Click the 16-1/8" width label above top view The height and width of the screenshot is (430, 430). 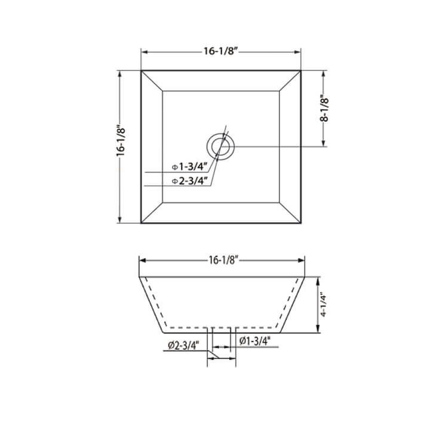click(220, 51)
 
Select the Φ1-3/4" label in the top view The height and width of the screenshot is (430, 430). click(189, 167)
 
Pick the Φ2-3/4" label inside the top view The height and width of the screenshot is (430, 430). click(189, 180)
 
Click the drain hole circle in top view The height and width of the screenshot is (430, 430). click(221, 146)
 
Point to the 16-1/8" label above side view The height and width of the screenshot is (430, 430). click(223, 260)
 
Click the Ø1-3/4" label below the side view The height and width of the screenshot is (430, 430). click(256, 341)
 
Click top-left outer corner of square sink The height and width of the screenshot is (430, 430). click(142, 70)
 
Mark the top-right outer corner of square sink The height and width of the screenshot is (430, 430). click(300, 70)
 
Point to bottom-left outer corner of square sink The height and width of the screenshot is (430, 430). click(142, 223)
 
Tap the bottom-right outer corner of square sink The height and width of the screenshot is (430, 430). click(300, 223)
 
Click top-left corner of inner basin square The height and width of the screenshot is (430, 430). click(163, 91)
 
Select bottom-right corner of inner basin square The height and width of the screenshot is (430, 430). click(279, 202)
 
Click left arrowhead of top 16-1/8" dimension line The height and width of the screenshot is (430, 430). click(144, 51)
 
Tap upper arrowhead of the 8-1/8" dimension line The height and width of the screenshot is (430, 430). click(324, 73)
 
